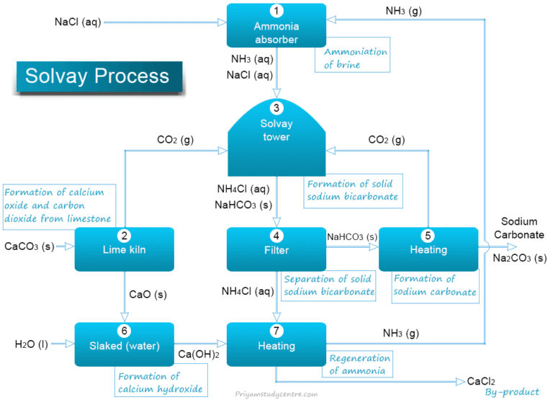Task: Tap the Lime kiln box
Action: (x=124, y=249)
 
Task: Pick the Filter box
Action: (x=276, y=249)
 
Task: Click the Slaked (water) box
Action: (x=124, y=344)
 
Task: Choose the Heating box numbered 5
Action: (x=428, y=249)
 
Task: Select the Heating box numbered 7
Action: (x=276, y=344)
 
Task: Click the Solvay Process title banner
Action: (x=98, y=76)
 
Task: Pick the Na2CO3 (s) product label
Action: (x=520, y=258)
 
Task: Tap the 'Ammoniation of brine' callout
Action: (x=353, y=58)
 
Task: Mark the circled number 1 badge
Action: (x=276, y=12)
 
